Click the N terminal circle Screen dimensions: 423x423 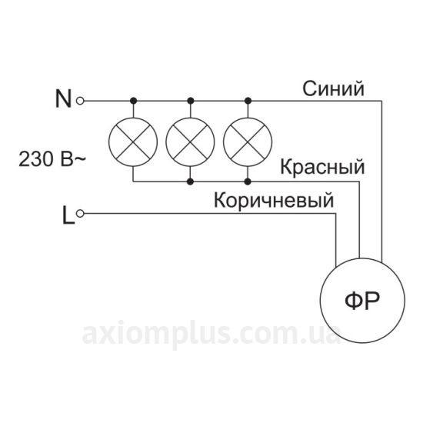[80, 101]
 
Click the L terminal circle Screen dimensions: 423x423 [80, 214]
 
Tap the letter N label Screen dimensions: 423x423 [63, 98]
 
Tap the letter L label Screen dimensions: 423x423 [68, 215]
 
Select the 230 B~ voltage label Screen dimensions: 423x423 [52, 159]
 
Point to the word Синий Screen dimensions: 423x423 [333, 88]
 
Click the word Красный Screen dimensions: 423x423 [322, 167]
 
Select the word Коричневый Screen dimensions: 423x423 [274, 200]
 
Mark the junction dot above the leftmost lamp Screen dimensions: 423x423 [133, 101]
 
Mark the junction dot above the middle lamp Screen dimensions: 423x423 [191, 101]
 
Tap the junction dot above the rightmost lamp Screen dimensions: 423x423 [248, 101]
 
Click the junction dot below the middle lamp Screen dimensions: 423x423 [191, 182]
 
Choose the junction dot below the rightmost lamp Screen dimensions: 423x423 [248, 182]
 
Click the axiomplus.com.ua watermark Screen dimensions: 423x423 [211, 335]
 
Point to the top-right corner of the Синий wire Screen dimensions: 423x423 [381, 101]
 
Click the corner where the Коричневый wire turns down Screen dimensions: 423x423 [336, 214]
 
